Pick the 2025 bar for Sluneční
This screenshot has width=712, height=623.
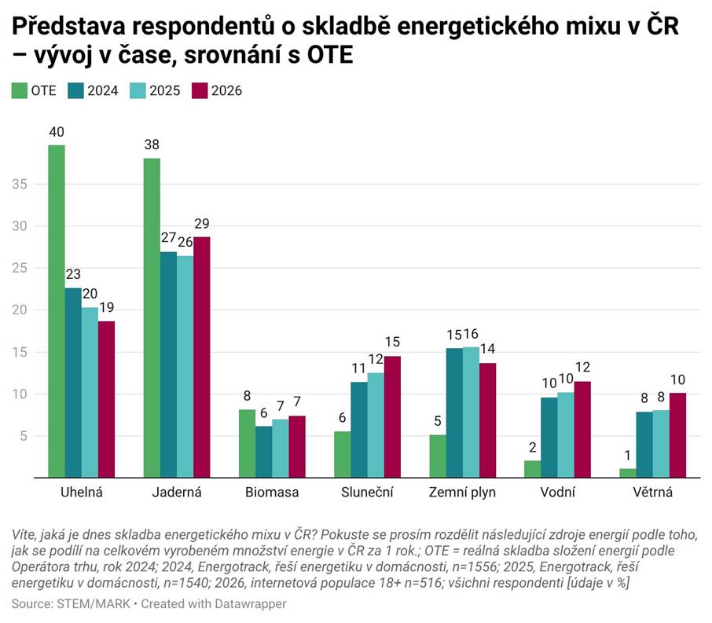pos(376,425)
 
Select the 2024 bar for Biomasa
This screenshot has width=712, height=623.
pos(263,452)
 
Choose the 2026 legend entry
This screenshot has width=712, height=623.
pos(217,90)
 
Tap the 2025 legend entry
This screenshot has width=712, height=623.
pos(156,90)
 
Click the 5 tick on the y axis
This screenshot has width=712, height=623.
pos(25,436)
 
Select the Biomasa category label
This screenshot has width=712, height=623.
pos(272,493)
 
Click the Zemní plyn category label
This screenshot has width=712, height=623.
pos(462,493)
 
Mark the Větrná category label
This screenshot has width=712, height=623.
pos(652,493)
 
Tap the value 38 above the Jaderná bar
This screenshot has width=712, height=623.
pos(152,145)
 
